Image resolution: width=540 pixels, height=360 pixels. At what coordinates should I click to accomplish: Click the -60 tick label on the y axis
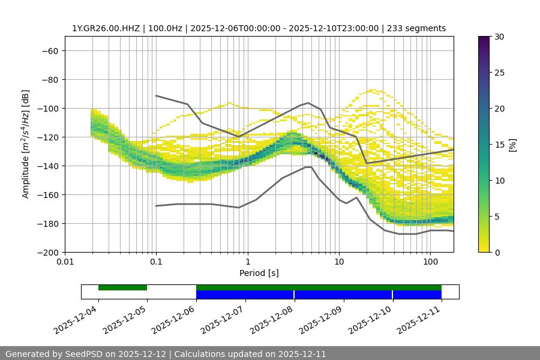click(x=49, y=50)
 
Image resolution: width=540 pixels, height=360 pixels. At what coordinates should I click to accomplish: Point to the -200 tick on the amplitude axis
click(x=47, y=252)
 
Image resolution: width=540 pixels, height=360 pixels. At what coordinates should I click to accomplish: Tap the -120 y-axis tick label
click(x=47, y=137)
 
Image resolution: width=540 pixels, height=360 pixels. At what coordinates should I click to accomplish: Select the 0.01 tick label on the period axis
click(x=65, y=262)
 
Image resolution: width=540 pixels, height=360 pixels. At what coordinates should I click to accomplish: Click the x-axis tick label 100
click(x=430, y=262)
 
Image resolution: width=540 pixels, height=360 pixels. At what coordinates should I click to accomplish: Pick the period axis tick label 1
click(x=248, y=262)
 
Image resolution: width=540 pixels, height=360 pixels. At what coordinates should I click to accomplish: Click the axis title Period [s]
click(x=259, y=273)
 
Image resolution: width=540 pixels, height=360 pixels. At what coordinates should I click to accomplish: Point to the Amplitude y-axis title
click(x=26, y=144)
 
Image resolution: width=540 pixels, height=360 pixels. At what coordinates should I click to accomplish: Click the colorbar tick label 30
click(x=499, y=37)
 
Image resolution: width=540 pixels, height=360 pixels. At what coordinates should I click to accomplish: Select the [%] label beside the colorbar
click(x=512, y=145)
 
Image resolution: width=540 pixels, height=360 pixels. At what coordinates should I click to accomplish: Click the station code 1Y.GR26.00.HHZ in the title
click(x=106, y=28)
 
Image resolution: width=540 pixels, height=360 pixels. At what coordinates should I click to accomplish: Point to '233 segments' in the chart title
click(x=416, y=28)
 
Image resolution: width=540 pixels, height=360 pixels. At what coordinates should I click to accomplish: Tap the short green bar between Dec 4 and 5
click(x=122, y=287)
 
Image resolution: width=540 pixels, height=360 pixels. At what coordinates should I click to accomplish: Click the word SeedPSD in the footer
click(x=85, y=354)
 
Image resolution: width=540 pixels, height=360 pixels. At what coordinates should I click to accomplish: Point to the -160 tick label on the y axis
click(x=47, y=194)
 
